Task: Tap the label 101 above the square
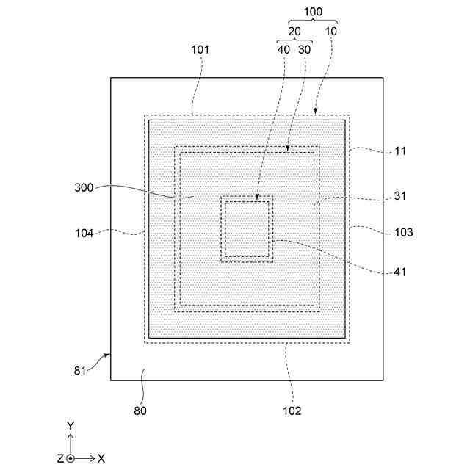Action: coord(200,50)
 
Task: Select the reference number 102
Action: coord(292,411)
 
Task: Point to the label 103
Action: coord(403,232)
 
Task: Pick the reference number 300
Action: coord(84,187)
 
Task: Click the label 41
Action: coord(399,271)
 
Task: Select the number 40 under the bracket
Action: coord(283,50)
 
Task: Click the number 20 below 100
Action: coord(294,32)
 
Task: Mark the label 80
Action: coord(140,411)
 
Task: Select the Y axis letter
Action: coord(70,426)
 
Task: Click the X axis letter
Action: coord(101,458)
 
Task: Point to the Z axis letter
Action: coord(59,458)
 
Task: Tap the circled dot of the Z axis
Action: coord(70,458)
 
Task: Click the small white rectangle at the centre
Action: coord(247,228)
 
